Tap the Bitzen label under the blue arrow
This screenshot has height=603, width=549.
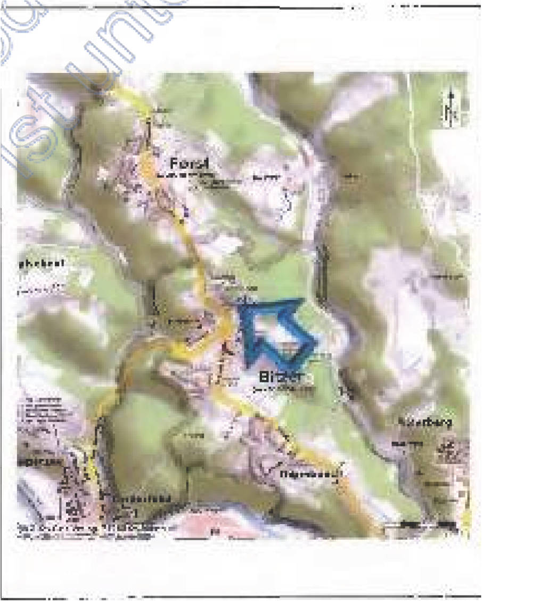click(280, 377)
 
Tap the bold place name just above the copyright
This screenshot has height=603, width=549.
click(144, 499)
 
